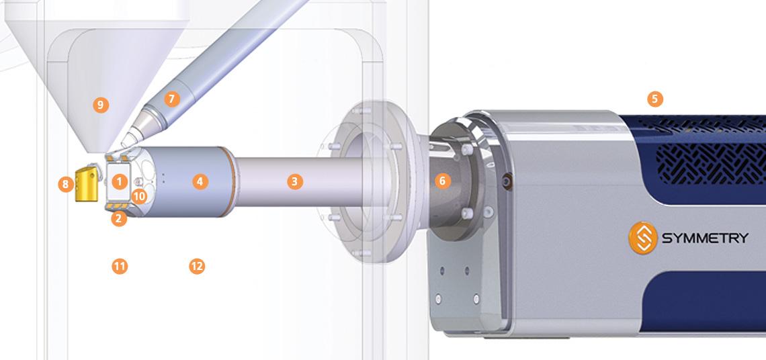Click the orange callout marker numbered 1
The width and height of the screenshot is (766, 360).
click(119, 181)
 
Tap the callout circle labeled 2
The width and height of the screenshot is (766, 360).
click(119, 218)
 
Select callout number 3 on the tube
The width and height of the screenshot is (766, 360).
click(294, 181)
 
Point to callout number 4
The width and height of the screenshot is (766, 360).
click(199, 181)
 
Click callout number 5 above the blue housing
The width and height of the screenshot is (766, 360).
click(655, 99)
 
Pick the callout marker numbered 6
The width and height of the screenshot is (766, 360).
click(441, 181)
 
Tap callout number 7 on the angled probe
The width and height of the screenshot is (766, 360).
click(171, 99)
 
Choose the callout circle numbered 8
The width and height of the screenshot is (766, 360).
click(65, 184)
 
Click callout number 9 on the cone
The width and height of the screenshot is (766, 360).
click(101, 105)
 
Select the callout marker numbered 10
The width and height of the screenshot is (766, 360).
click(139, 196)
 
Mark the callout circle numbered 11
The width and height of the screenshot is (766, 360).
click(119, 267)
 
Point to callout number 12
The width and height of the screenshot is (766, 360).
click(196, 267)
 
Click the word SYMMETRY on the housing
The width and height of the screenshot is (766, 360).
click(704, 238)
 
